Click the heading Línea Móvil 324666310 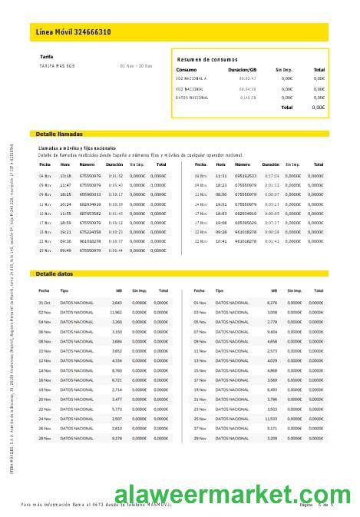(x=74, y=32)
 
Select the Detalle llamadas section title (x=59, y=134)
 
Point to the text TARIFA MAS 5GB (x=58, y=65)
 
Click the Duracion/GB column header (x=243, y=70)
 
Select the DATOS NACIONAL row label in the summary (x=192, y=98)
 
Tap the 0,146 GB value (x=248, y=98)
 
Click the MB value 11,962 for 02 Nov (x=116, y=313)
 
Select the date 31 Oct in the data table (x=45, y=303)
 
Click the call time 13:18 (x=65, y=176)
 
